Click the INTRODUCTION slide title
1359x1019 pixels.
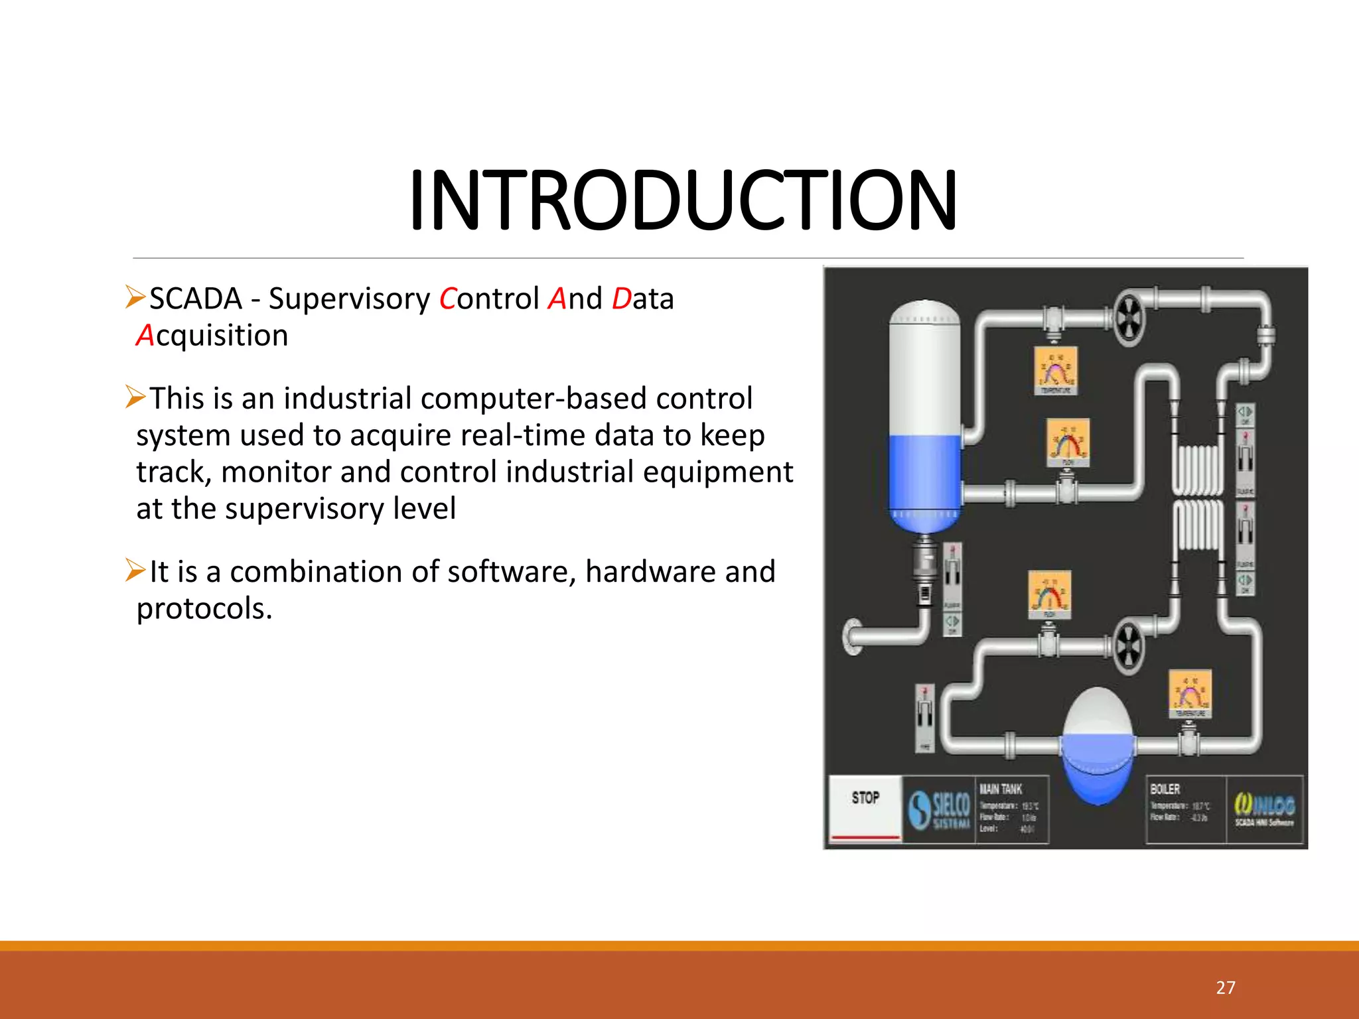[683, 200]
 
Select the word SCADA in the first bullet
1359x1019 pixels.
[195, 299]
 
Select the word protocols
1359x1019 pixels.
[204, 609]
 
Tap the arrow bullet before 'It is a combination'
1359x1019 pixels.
[135, 570]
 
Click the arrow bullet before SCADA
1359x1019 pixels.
[135, 297]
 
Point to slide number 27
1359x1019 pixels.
[1225, 988]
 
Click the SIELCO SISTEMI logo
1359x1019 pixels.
[938, 809]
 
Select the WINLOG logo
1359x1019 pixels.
[1263, 809]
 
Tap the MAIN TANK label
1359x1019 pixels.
[1001, 789]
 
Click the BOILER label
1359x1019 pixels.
[1165, 789]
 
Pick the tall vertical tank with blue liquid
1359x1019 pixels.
[924, 418]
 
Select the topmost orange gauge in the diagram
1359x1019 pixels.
[1056, 370]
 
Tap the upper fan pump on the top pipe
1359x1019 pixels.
[1127, 317]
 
